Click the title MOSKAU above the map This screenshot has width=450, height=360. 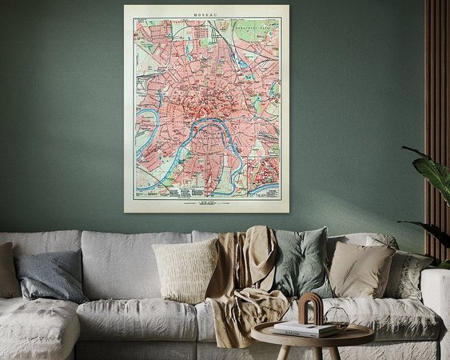tap(206, 12)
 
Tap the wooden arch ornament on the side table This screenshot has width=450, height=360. tap(310, 308)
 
